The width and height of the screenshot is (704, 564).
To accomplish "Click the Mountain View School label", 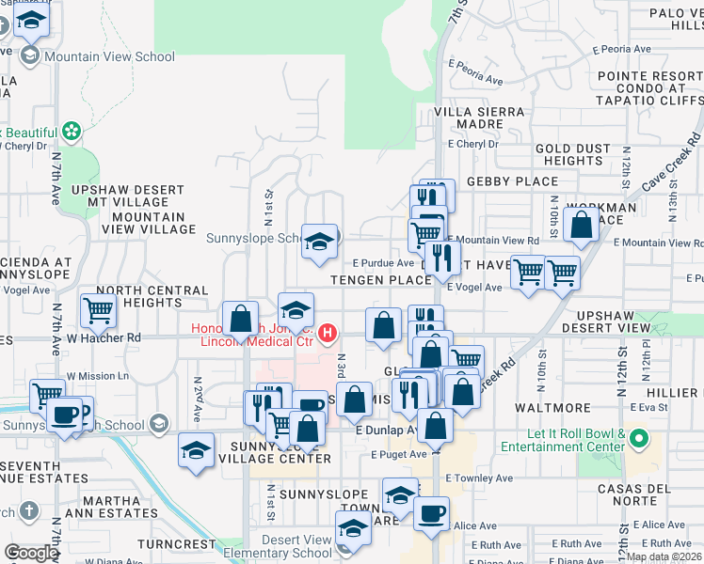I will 109,56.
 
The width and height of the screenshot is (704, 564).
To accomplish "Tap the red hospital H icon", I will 326,333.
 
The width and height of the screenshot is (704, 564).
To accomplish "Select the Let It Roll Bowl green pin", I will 640,438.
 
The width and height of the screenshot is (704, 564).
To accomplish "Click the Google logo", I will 31,553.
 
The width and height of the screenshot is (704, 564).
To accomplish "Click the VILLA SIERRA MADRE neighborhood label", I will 479,118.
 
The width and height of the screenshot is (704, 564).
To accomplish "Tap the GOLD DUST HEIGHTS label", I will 568,154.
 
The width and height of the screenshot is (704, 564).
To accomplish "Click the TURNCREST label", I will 176,544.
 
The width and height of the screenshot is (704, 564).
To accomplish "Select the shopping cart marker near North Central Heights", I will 99,307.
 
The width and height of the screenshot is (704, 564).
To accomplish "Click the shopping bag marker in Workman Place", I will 583,226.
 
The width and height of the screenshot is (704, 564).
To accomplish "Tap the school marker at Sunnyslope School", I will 319,241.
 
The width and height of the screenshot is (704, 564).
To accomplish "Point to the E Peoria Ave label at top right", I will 616,49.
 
